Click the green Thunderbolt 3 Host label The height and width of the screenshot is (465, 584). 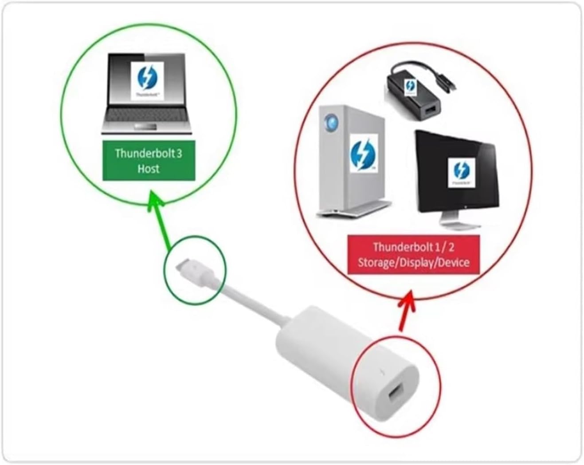pyautogui.click(x=149, y=161)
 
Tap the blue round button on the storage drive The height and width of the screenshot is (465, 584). pyautogui.click(x=331, y=121)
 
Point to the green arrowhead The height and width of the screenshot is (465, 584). pyautogui.click(x=155, y=198)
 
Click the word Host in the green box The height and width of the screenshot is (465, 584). pyautogui.click(x=149, y=169)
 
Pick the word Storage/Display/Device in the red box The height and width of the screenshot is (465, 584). pyautogui.click(x=413, y=262)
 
